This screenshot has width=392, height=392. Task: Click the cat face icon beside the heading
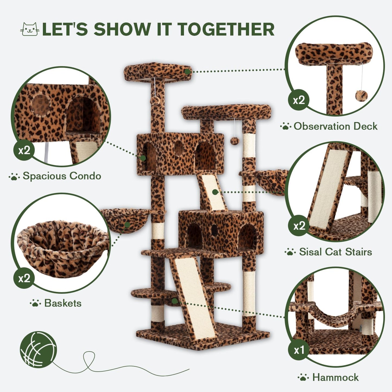pos(30,29)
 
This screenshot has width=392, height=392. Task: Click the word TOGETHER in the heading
pos(226,29)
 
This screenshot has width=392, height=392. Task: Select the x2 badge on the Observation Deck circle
pos(298,100)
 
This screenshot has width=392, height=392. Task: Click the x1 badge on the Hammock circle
pos(299,350)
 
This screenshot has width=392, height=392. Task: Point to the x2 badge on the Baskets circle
pos(24,278)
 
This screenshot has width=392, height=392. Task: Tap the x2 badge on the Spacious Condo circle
pos(24,150)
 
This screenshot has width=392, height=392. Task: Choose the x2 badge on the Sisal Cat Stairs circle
pos(299,226)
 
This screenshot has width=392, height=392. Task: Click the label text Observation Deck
pos(335,126)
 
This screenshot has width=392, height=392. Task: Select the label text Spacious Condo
pos(62,176)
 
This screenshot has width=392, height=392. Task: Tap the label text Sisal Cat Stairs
pos(335,252)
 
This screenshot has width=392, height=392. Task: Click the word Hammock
pos(335,377)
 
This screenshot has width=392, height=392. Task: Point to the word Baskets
pos(63,303)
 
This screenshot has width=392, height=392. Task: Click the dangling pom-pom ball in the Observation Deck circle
pos(361,95)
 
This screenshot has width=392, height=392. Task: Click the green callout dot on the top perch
pos(187,72)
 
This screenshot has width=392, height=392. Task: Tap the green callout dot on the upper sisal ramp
pos(215,192)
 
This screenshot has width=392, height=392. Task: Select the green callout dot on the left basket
pos(127,225)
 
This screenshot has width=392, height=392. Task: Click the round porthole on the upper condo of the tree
pos(179,148)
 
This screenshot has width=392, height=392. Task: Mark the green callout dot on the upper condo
pos(143,158)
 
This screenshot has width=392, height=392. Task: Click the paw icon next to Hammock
pos(303,377)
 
